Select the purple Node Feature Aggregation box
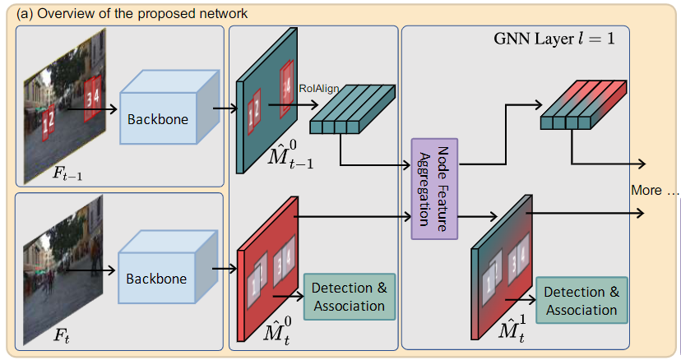(x=433, y=189)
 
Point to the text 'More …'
(x=655, y=191)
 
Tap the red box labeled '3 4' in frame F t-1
(x=93, y=87)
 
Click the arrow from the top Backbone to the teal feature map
(x=224, y=105)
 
